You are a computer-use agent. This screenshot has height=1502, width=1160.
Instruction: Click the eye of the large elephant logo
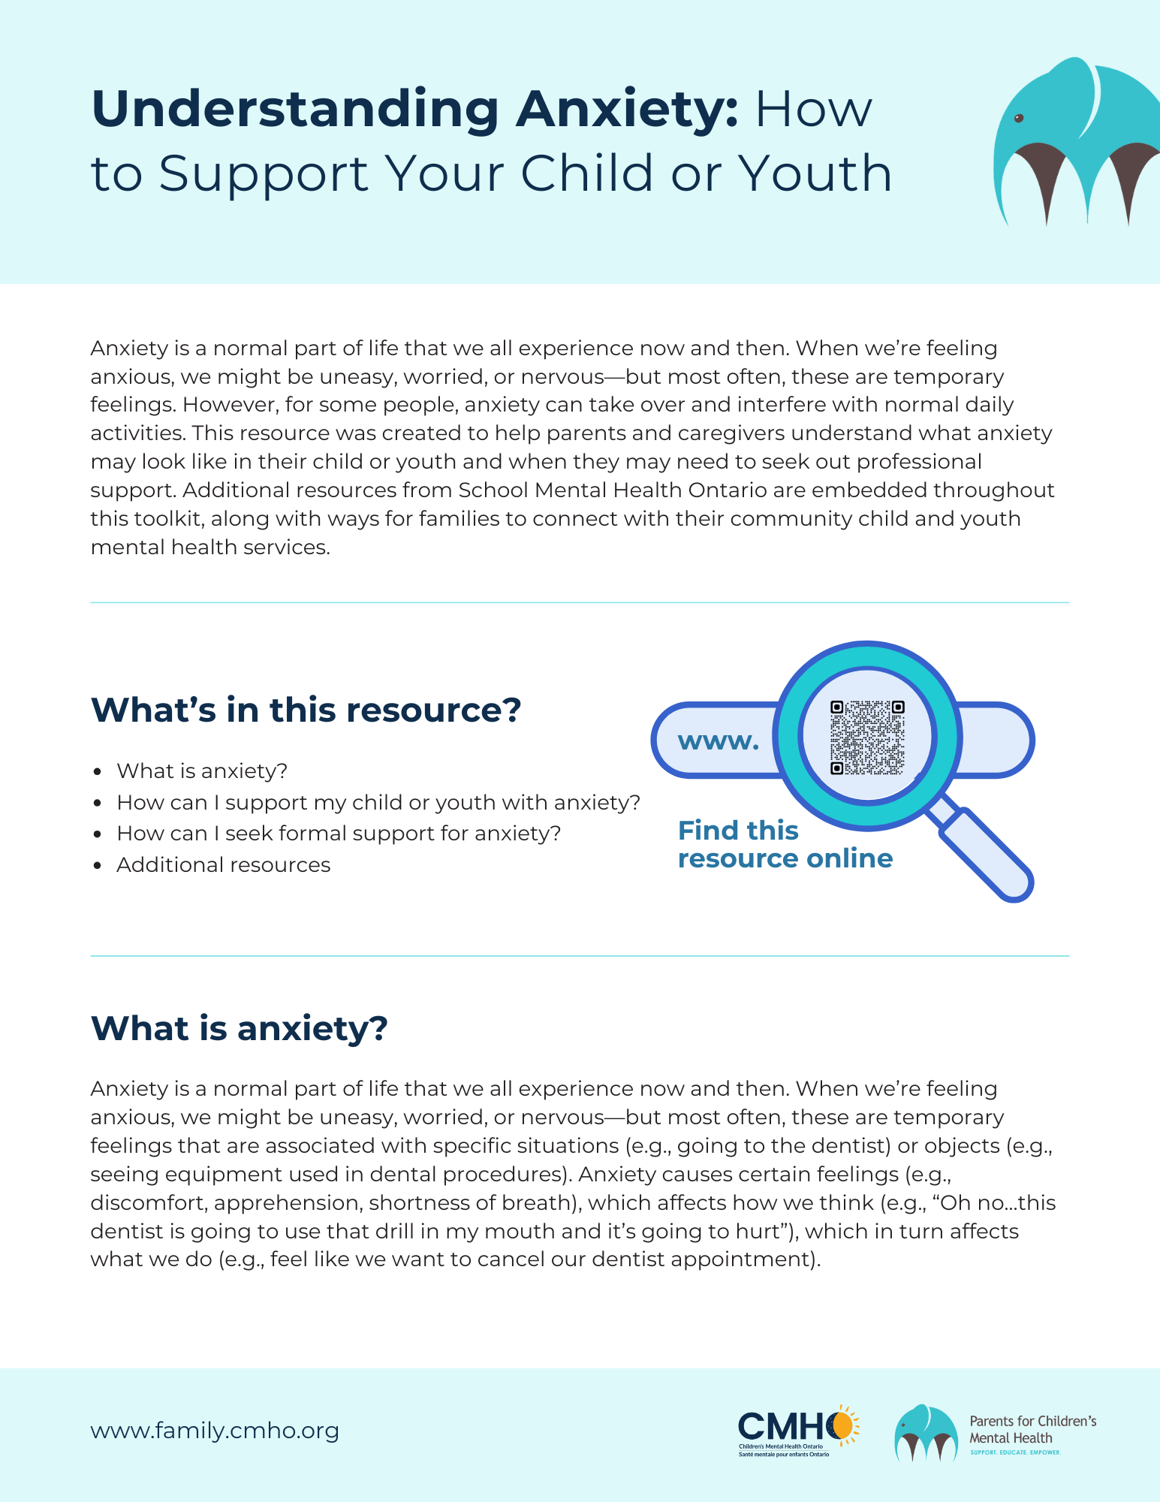click(1019, 119)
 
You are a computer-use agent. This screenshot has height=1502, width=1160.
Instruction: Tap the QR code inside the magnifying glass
click(867, 737)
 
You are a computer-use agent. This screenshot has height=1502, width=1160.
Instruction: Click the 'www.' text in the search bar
click(719, 741)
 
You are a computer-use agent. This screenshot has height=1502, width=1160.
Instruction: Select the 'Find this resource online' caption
click(785, 844)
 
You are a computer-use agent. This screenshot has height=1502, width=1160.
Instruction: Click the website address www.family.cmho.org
click(215, 1431)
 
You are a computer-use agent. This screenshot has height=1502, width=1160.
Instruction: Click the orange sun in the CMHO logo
click(843, 1424)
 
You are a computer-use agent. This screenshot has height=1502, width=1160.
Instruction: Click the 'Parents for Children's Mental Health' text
click(1032, 1429)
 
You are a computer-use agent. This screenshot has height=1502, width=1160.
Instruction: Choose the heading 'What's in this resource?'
click(306, 710)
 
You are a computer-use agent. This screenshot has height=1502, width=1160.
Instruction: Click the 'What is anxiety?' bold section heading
click(239, 1028)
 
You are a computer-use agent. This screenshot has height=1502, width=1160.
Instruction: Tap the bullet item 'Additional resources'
click(223, 865)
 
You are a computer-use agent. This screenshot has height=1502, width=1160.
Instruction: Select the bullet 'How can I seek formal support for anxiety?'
click(339, 834)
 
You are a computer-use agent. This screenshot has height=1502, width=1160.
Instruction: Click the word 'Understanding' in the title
click(295, 110)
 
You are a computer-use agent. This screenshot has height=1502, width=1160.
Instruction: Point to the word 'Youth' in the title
click(815, 173)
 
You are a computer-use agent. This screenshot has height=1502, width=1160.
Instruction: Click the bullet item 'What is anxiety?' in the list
click(202, 771)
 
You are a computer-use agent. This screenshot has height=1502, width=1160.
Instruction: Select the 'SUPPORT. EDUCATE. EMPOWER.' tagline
click(1015, 1452)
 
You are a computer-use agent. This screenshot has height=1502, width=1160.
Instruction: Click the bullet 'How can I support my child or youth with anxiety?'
click(378, 803)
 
